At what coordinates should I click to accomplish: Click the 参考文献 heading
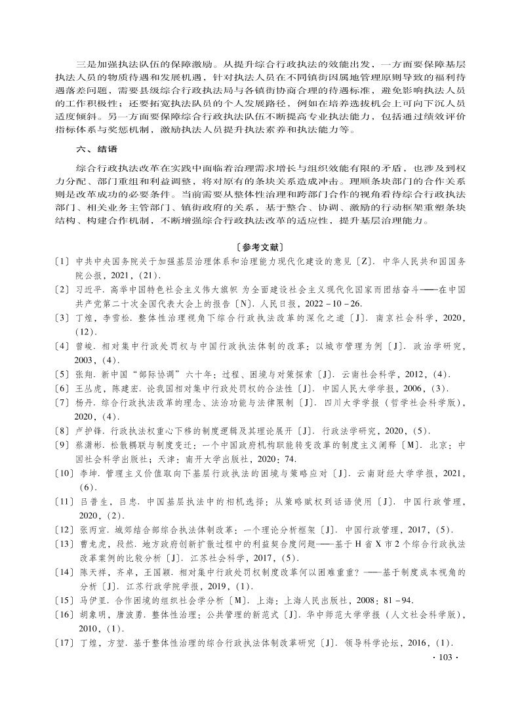(x=259, y=247)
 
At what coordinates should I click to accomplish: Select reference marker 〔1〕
(x=63, y=262)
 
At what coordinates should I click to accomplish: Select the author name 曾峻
(x=86, y=343)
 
